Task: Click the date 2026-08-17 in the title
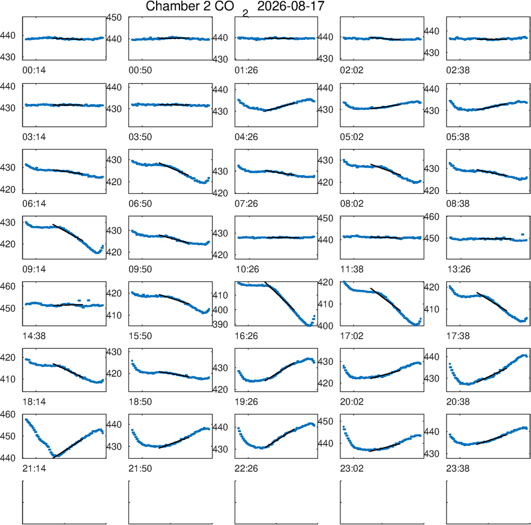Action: [x=290, y=6]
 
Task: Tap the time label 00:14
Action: [x=34, y=70]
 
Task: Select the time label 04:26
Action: [x=246, y=137]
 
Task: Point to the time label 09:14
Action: [x=34, y=269]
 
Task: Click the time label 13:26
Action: [x=458, y=269]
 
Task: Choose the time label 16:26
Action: [x=246, y=336]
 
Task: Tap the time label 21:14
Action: [x=34, y=469]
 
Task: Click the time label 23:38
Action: [x=458, y=469]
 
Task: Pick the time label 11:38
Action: [x=352, y=269]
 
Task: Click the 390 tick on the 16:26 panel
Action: [x=220, y=324]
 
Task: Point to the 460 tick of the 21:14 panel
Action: [x=8, y=414]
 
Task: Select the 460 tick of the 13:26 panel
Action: [x=432, y=217]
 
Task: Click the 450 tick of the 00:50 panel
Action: [x=114, y=18]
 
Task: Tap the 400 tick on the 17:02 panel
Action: [x=326, y=326]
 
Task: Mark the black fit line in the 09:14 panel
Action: [x=68, y=232]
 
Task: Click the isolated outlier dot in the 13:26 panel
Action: [x=523, y=234]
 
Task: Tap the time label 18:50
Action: [x=140, y=402]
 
